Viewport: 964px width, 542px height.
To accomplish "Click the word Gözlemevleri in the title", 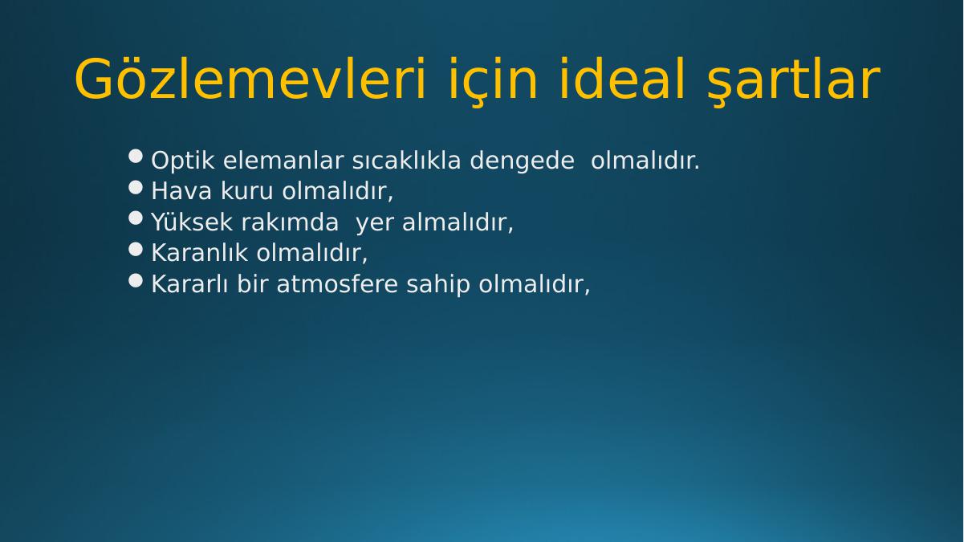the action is [250, 79].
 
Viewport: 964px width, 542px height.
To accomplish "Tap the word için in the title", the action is [493, 82].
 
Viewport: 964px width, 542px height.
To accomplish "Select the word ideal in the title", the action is [622, 79].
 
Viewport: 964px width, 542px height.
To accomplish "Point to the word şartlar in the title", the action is [794, 82].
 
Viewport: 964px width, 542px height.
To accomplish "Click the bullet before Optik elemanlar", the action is [136, 157].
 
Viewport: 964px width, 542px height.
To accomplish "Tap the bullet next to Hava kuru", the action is [136, 188].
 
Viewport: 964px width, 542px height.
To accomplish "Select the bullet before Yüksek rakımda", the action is [136, 218].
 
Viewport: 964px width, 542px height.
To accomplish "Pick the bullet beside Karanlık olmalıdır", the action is [136, 249].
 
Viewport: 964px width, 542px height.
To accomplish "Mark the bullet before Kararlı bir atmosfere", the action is [136, 281].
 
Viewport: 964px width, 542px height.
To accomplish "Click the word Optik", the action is [183, 161].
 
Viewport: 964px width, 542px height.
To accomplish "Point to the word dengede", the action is [522, 161].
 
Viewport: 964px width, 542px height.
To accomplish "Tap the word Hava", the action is [181, 191].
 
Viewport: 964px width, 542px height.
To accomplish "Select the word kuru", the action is [247, 191].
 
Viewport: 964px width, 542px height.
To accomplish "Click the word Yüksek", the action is [192, 222].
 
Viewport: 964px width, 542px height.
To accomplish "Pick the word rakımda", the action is [290, 222].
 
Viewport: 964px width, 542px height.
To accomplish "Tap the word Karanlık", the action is [200, 253].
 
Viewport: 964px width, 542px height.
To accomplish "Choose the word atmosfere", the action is [337, 284].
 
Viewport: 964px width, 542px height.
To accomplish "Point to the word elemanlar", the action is [283, 161].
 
